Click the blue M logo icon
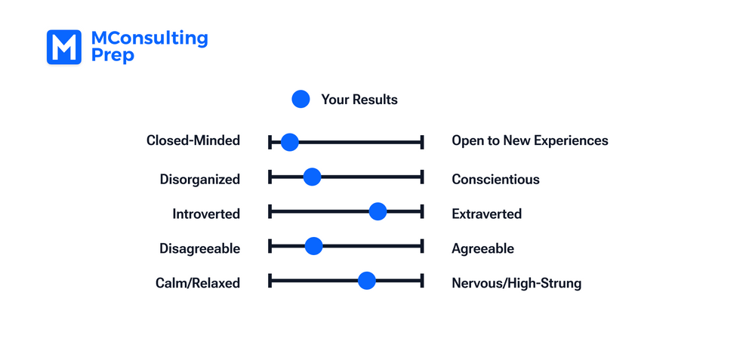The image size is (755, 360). (64, 47)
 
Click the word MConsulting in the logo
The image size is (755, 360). (149, 38)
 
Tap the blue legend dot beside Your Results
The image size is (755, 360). (300, 99)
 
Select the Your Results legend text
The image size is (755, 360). (359, 100)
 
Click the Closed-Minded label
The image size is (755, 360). (193, 140)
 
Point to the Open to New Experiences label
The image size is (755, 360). (529, 140)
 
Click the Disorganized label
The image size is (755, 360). (199, 180)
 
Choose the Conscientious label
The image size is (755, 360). (495, 180)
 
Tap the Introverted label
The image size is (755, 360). (205, 214)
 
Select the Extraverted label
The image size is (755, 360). (486, 214)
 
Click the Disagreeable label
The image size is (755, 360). (199, 249)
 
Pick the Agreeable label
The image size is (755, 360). (482, 249)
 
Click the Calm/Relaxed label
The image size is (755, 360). (198, 284)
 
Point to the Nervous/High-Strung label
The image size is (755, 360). (516, 284)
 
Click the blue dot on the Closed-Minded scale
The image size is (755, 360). (289, 141)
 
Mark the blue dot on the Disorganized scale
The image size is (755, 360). (312, 177)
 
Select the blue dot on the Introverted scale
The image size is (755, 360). (377, 212)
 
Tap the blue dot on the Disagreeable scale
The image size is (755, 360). (313, 246)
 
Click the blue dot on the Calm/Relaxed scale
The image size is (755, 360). (366, 281)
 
